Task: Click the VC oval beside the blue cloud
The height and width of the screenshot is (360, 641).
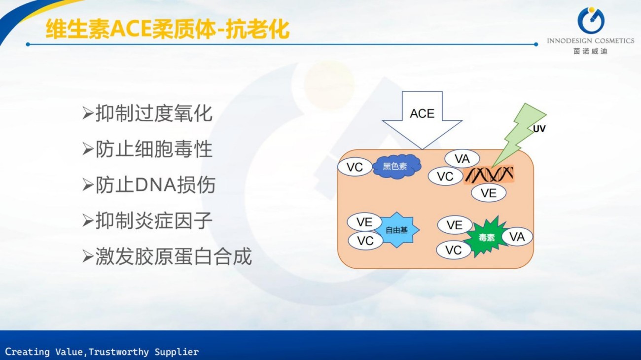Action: pyautogui.click(x=355, y=167)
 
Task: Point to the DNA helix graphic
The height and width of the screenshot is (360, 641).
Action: pyautogui.click(x=489, y=174)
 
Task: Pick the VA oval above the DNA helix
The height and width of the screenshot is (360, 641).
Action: pyautogui.click(x=462, y=159)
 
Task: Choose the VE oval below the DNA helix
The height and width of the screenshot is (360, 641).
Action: pyautogui.click(x=488, y=193)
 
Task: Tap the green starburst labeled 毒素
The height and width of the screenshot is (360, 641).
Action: pyautogui.click(x=486, y=237)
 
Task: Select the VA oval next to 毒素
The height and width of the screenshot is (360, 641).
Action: pyautogui.click(x=517, y=237)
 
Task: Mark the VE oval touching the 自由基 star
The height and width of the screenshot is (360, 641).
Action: pyautogui.click(x=364, y=222)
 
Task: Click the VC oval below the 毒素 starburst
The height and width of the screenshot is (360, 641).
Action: pyautogui.click(x=453, y=250)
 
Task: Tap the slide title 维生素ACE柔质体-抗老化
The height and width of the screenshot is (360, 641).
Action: pyautogui.click(x=167, y=30)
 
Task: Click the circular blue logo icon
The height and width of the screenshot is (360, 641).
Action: pyautogui.click(x=590, y=21)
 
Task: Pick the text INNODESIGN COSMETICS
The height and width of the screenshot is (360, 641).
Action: pyautogui.click(x=590, y=41)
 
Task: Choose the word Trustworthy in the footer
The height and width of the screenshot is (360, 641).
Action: pyautogui.click(x=119, y=352)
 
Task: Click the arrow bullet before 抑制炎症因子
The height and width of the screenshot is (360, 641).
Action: pyautogui.click(x=88, y=221)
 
